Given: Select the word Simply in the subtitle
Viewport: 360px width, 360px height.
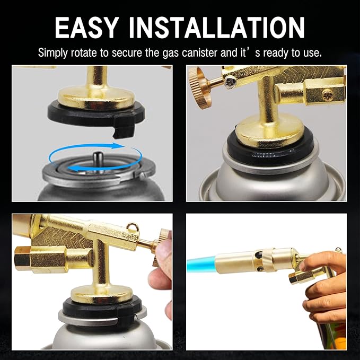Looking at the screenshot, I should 53,53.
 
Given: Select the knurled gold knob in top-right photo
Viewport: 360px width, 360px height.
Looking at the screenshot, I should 202,81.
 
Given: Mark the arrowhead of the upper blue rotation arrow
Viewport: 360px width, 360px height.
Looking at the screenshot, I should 123,144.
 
